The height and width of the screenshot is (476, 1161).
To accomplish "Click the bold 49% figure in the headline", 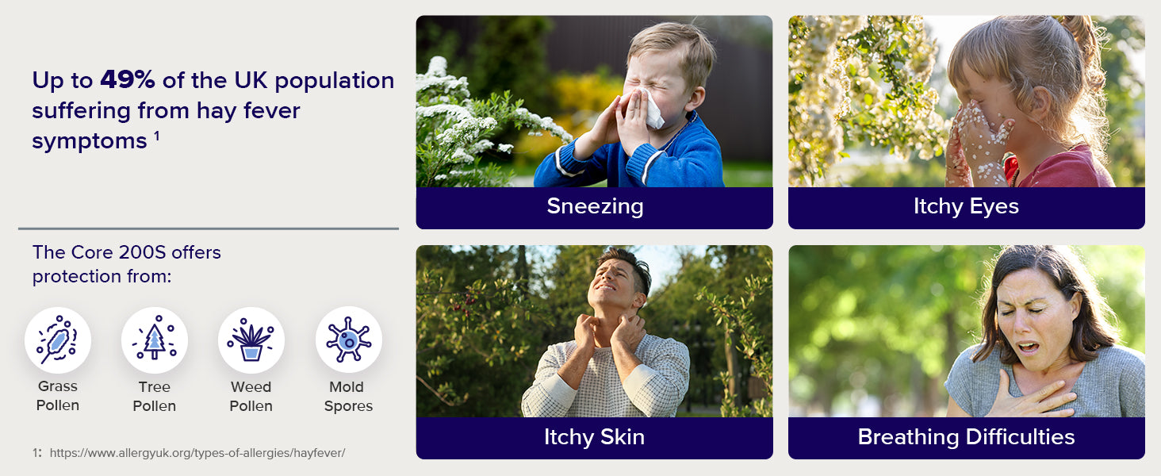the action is point(128,79).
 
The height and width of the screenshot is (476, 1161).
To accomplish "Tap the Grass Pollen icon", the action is point(58,340).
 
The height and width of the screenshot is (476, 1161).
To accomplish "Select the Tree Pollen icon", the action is point(155,340).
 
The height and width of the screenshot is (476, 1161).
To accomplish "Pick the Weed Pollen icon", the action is point(251,340).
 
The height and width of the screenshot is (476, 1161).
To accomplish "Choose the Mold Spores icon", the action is point(349,340).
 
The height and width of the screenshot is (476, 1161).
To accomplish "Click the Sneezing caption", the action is point(595,206).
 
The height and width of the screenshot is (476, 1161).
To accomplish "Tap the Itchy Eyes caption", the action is point(966,206).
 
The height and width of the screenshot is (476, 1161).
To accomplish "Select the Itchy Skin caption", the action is point(595,436).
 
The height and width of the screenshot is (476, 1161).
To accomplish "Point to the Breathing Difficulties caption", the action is point(966,436).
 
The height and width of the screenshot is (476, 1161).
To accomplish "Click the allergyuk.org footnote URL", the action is point(197,453).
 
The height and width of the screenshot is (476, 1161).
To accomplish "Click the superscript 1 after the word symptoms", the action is point(156,136).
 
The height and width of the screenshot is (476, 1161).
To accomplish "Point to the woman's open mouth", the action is point(1028,347).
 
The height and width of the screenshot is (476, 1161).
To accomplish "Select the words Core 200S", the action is point(118,252).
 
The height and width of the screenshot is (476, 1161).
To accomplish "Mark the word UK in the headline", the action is point(251,80).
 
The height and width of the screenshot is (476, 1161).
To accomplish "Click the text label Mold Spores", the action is point(348,396).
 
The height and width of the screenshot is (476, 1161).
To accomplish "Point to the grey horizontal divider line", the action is point(209,228).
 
